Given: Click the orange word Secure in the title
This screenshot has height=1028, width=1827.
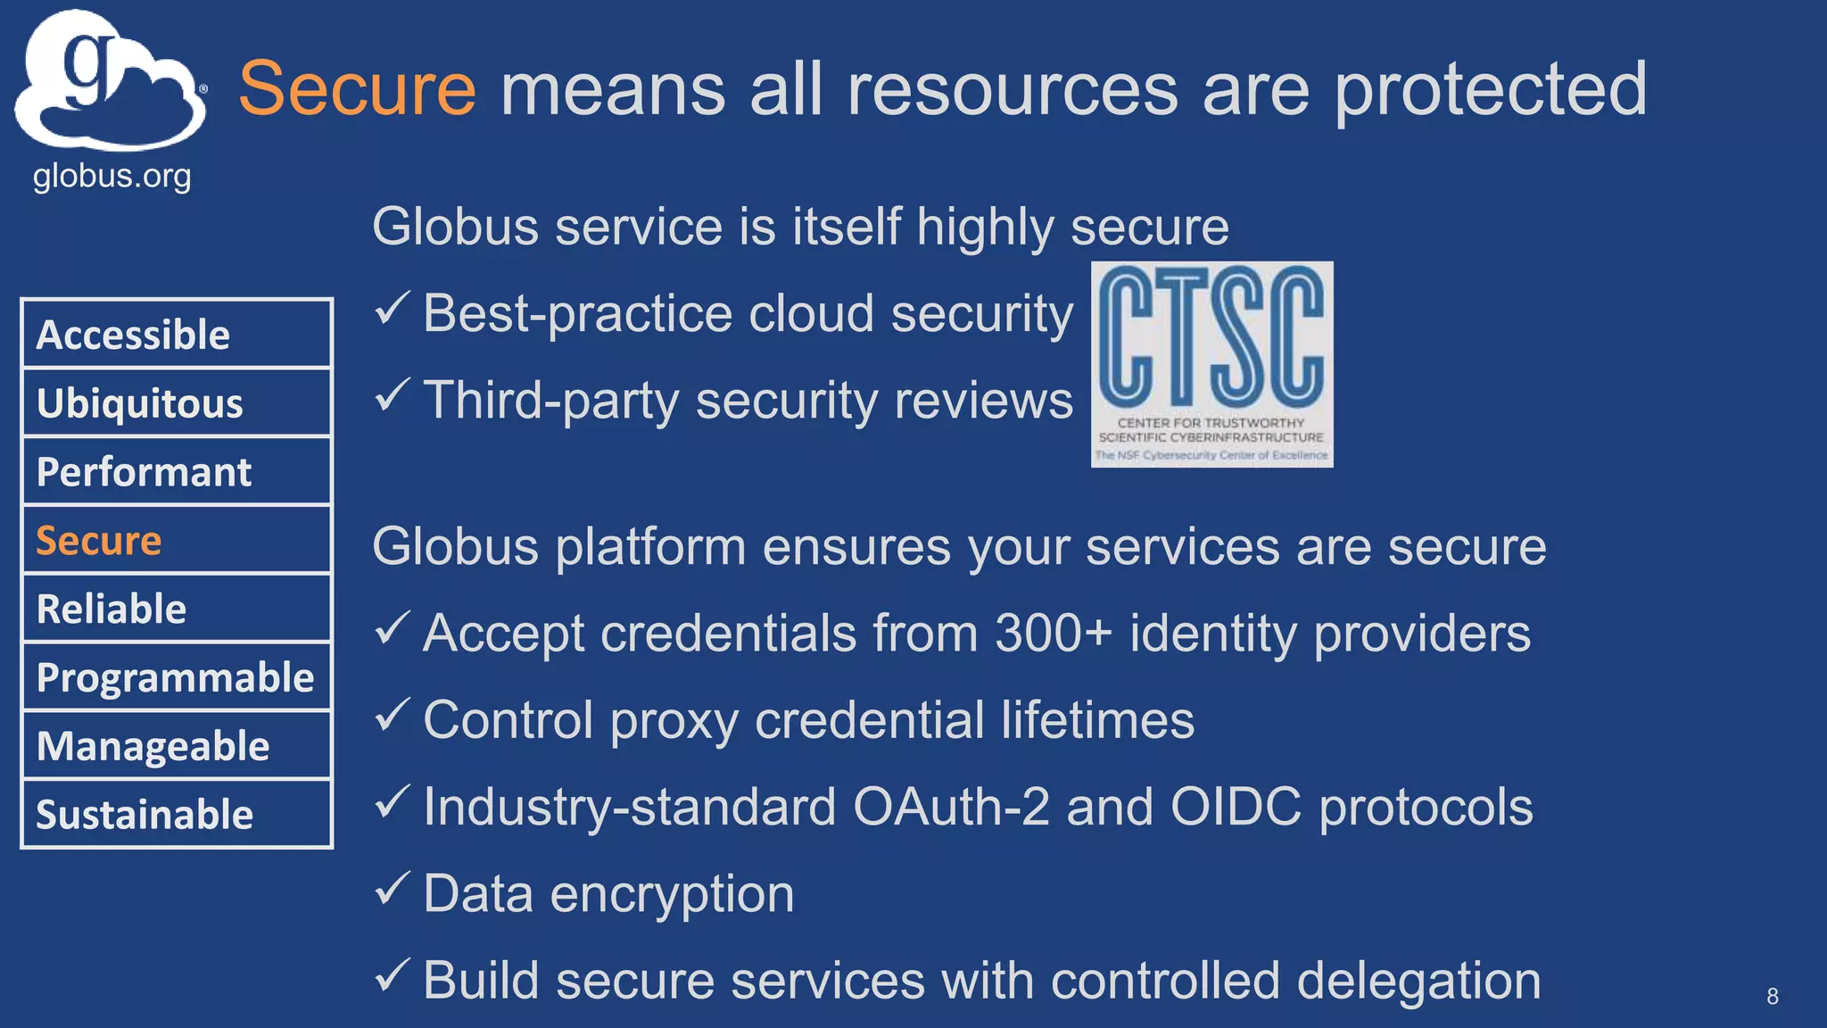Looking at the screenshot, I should coord(357,89).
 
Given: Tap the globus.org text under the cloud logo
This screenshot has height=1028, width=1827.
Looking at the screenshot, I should coord(112,176).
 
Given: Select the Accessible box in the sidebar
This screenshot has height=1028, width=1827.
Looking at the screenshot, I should coord(177,335).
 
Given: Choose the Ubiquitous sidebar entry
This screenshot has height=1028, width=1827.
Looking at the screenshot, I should coord(177,403).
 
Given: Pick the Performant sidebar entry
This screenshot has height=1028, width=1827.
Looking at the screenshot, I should coord(177,472).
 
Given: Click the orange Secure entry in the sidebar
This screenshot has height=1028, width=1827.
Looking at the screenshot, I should coord(177,541).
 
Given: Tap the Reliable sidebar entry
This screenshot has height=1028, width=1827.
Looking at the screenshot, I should coord(177,609).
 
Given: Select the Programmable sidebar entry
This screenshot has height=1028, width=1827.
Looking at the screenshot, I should coord(177,678).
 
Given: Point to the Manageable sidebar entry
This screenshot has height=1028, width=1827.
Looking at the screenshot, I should coord(177,746).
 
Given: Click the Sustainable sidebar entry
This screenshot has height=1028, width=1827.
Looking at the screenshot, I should coord(177,815).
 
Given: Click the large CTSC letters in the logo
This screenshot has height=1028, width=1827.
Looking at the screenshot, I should coord(1211,337).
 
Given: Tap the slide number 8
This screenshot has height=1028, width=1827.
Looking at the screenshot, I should coord(1772,996).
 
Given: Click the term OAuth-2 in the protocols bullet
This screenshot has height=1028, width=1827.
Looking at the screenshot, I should coord(951,807).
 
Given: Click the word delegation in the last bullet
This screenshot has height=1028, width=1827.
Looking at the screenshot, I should coord(1418,982).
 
